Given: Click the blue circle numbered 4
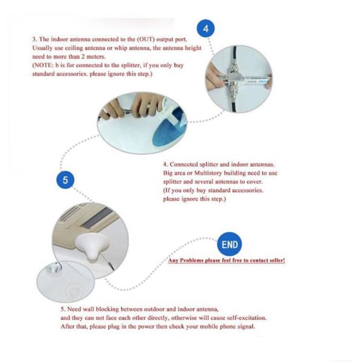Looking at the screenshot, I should click(206, 28).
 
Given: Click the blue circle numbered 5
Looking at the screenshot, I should click(65, 180).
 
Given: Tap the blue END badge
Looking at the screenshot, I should click(231, 244).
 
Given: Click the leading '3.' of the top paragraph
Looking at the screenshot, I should click(34, 39).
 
